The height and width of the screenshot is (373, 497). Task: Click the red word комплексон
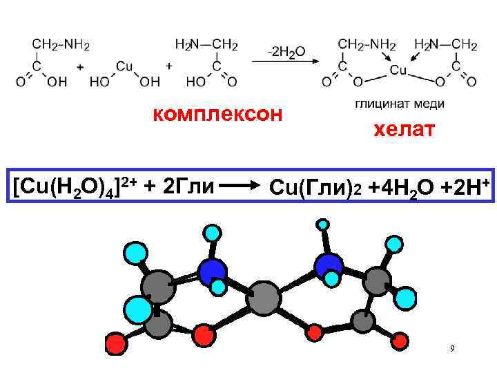coord(217,113)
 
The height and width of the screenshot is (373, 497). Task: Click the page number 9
coord(451,348)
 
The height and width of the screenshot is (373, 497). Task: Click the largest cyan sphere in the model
coord(139,307)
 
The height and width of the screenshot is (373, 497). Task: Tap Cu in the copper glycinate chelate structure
coord(398,70)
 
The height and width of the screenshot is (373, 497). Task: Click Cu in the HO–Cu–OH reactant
coord(125,66)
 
